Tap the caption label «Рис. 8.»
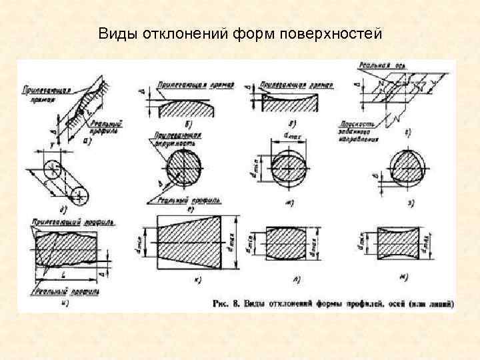(227, 304)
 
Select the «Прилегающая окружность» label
(171, 139)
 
